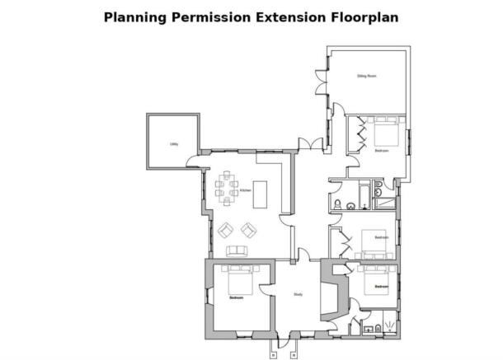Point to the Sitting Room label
click(x=366, y=76)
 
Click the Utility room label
click(x=174, y=143)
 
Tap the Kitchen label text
click(x=245, y=191)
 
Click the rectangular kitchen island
click(x=261, y=195)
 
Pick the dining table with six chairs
click(x=226, y=189)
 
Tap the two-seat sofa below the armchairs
click(x=237, y=251)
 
